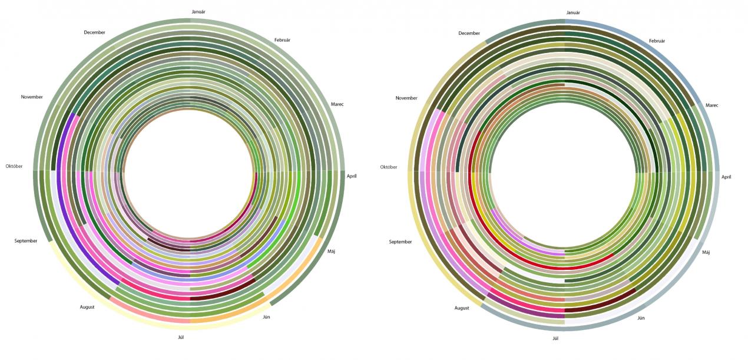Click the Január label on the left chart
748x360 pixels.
tap(198, 12)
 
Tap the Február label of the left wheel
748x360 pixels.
tap(282, 40)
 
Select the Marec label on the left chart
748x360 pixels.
tap(337, 104)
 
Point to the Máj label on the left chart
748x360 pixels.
tap(331, 251)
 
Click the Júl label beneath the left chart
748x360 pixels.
tap(181, 337)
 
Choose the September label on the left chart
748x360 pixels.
tap(26, 241)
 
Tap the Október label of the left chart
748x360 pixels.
tap(14, 166)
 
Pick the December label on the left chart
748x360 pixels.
tap(94, 32)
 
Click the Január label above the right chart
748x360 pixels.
tap(573, 13)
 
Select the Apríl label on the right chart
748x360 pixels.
tap(726, 177)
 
